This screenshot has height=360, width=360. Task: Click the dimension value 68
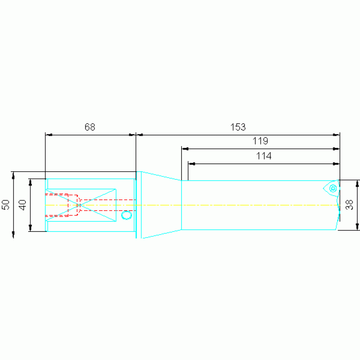(90, 127)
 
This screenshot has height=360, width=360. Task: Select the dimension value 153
(238, 127)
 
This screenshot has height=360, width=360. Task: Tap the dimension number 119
(260, 141)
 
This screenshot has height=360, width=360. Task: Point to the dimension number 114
(264, 156)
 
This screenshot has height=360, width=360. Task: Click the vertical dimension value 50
(6, 205)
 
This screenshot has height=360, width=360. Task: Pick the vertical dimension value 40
(23, 205)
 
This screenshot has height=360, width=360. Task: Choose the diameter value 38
(349, 205)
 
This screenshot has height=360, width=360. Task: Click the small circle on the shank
(127, 215)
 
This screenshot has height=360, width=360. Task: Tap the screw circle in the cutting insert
(333, 189)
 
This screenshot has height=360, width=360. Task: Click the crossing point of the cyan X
(79, 205)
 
